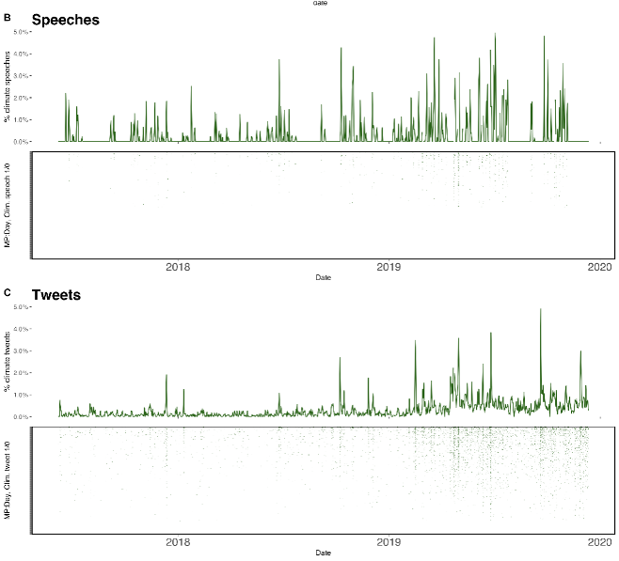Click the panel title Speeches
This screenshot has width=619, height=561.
(x=65, y=20)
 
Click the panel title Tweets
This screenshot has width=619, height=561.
(x=56, y=295)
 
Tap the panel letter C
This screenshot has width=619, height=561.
(x=8, y=292)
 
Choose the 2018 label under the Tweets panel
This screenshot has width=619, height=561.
(x=177, y=543)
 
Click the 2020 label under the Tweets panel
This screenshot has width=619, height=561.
(x=600, y=543)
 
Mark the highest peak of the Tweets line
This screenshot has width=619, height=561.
(x=540, y=309)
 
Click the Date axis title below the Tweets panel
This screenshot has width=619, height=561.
(x=323, y=553)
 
